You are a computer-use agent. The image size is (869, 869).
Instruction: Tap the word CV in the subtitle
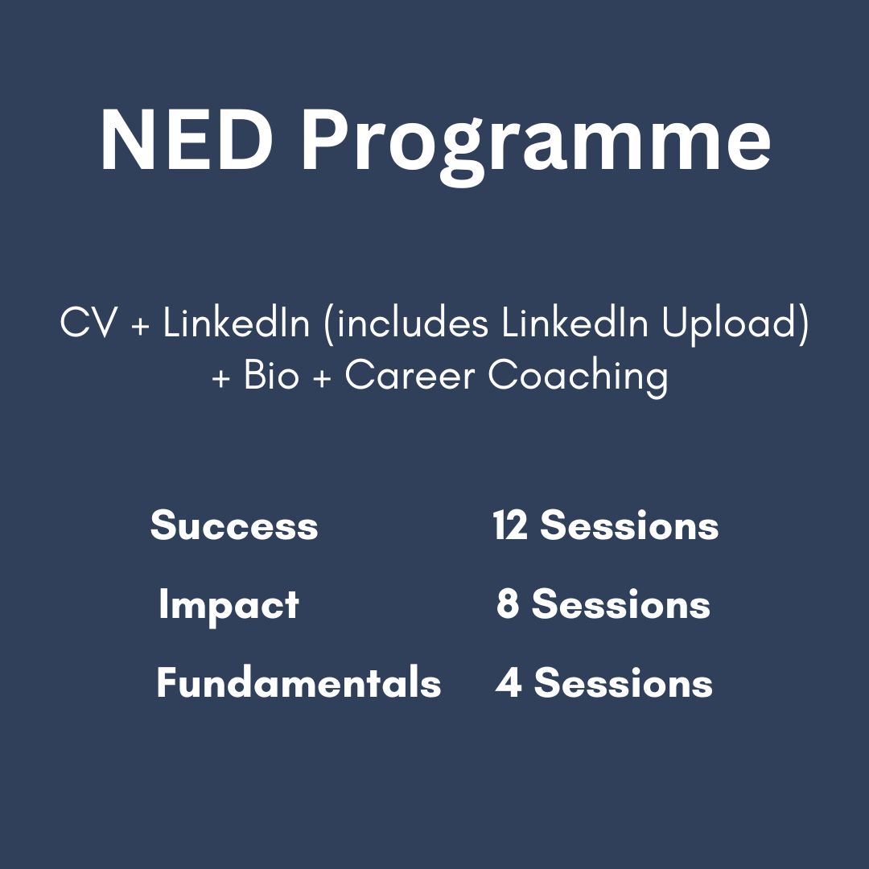[89, 323]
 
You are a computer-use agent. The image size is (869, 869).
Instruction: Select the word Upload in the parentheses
[735, 325]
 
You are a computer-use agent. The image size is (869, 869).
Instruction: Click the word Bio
[271, 375]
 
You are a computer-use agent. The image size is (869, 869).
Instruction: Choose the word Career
[410, 375]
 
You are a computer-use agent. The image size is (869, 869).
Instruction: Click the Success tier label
[234, 525]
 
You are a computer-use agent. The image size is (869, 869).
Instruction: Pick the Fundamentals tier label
[299, 683]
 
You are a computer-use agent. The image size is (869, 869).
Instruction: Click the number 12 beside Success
[510, 525]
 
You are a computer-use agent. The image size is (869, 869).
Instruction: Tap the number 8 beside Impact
[507, 604]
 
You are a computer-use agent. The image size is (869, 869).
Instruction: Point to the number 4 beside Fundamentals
[509, 683]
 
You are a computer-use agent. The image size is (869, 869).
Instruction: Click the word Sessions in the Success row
[629, 525]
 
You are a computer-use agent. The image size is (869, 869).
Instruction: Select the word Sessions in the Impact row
[620, 604]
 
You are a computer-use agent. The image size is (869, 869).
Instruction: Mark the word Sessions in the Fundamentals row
[623, 683]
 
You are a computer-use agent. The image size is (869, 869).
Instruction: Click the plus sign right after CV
[141, 325]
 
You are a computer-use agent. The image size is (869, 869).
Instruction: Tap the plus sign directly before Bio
[220, 378]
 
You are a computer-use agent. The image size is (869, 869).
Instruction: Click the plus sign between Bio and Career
[322, 378]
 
